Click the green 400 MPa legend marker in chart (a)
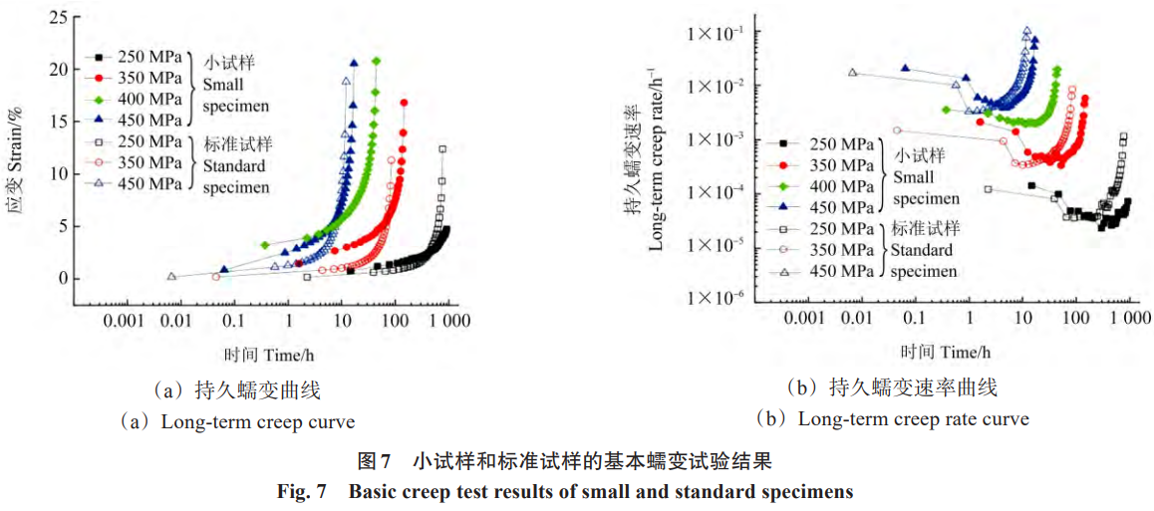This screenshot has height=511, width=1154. click(100, 99)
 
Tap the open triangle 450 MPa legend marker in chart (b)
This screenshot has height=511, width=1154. click(783, 270)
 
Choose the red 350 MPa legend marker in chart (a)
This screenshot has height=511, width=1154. click(100, 78)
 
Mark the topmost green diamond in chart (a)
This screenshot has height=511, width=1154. click(376, 62)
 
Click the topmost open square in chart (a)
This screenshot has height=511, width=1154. click(442, 149)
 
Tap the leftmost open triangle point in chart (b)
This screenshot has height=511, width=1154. click(853, 72)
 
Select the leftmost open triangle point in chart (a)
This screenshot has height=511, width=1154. click(171, 276)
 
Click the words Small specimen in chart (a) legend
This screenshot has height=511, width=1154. click(235, 95)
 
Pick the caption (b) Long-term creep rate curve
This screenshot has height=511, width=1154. click(892, 418)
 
